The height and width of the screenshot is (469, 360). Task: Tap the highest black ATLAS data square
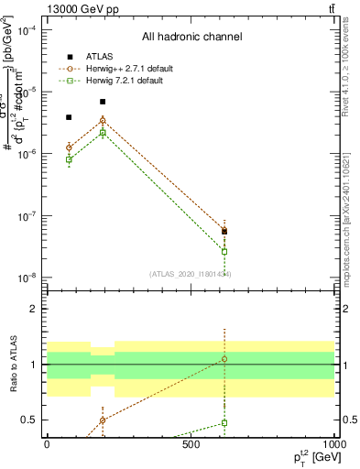click(103, 102)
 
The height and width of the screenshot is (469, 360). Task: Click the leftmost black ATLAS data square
click(69, 117)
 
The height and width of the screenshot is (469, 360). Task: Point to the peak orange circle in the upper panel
click(103, 120)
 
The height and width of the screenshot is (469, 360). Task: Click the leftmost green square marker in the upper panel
click(69, 159)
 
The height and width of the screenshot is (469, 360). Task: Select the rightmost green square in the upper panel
click(224, 251)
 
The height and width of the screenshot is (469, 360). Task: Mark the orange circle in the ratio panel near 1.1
click(224, 359)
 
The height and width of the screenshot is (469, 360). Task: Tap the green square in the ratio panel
click(224, 423)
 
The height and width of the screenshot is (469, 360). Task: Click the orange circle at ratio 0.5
click(103, 420)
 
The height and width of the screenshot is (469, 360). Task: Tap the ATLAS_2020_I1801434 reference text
click(190, 274)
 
